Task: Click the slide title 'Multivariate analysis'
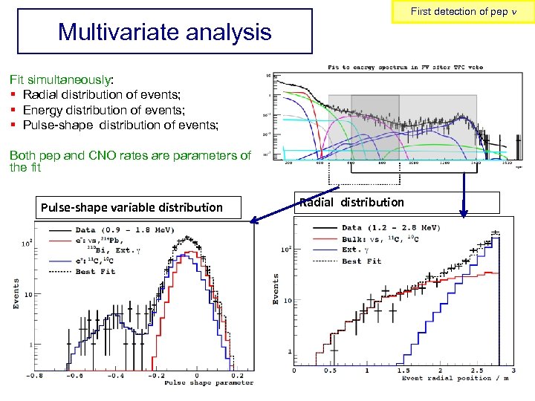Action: point(164,32)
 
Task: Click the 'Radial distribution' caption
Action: point(351,202)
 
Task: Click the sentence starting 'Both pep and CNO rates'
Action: point(130,161)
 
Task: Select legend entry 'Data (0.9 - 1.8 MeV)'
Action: point(111,231)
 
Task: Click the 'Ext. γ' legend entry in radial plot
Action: point(361,250)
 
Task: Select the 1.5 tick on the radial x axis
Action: point(403,371)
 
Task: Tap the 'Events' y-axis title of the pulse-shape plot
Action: point(16,294)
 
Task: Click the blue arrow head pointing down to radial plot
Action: point(464,215)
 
